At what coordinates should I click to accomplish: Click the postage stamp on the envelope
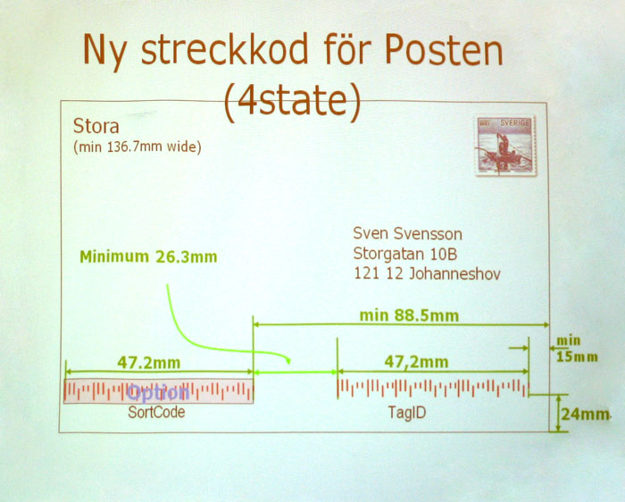click(505, 146)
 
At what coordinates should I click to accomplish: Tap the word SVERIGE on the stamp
click(515, 123)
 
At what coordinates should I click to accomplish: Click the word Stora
click(96, 127)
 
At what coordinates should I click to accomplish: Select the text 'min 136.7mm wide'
click(137, 147)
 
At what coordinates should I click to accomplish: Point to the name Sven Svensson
click(408, 234)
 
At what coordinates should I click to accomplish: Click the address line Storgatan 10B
click(405, 254)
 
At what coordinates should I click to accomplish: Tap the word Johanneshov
click(455, 274)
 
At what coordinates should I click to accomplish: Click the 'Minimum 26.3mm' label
click(149, 256)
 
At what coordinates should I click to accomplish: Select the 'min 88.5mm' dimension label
click(409, 316)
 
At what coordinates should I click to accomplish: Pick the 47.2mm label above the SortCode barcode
click(149, 363)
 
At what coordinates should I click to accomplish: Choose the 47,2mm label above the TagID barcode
click(417, 362)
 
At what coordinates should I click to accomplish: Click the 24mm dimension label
click(585, 414)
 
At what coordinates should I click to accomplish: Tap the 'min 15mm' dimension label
click(577, 349)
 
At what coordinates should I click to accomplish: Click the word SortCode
click(156, 412)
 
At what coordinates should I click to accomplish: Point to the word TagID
click(407, 413)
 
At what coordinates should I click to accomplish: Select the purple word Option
click(158, 393)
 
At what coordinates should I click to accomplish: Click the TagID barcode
click(434, 389)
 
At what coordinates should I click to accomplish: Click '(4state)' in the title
click(292, 100)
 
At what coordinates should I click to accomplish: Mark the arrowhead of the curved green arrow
click(287, 361)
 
